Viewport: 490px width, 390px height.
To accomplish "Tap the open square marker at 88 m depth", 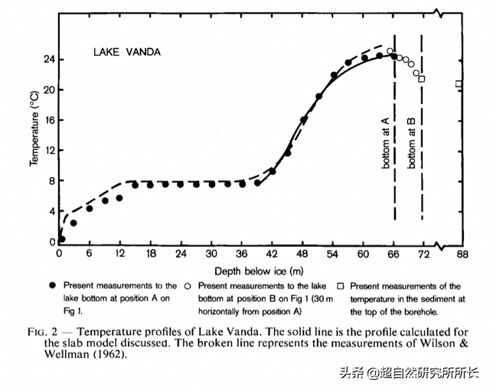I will point(459,84).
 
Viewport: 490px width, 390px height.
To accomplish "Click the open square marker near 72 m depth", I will point(422,79).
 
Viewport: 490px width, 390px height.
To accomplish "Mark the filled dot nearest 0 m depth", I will point(62,239).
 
